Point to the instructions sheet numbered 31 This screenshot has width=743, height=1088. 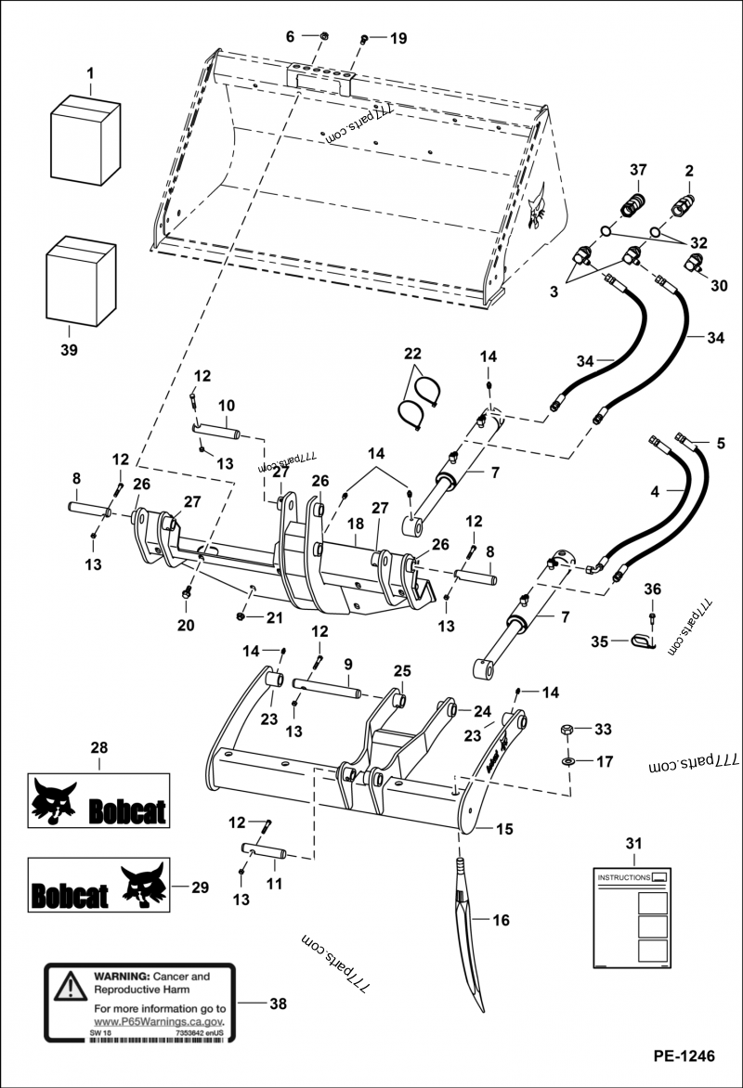coord(632,917)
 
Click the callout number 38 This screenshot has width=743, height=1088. coord(278,1004)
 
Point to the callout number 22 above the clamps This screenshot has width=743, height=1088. coord(412,354)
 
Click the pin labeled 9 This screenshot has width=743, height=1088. coord(326,688)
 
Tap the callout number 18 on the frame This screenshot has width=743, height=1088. coord(356,525)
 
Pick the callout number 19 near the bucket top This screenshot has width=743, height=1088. coord(398,38)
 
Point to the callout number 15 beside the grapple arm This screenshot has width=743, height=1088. coord(504,827)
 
